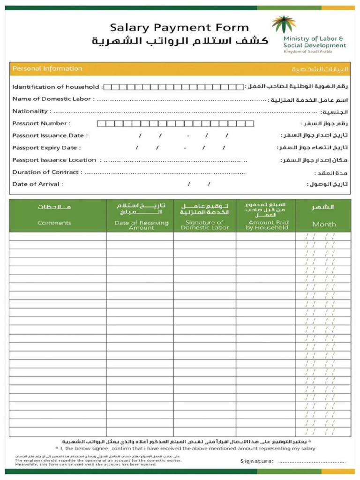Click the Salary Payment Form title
click(179, 28)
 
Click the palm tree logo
click(284, 24)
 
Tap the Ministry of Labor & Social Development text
click(314, 42)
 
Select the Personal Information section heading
click(47, 69)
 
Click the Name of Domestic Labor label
click(53, 99)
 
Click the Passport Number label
click(41, 124)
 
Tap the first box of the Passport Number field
click(100, 124)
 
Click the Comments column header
click(54, 223)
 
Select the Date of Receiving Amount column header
click(141, 225)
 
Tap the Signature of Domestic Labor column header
click(205, 225)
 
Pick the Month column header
click(324, 225)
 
